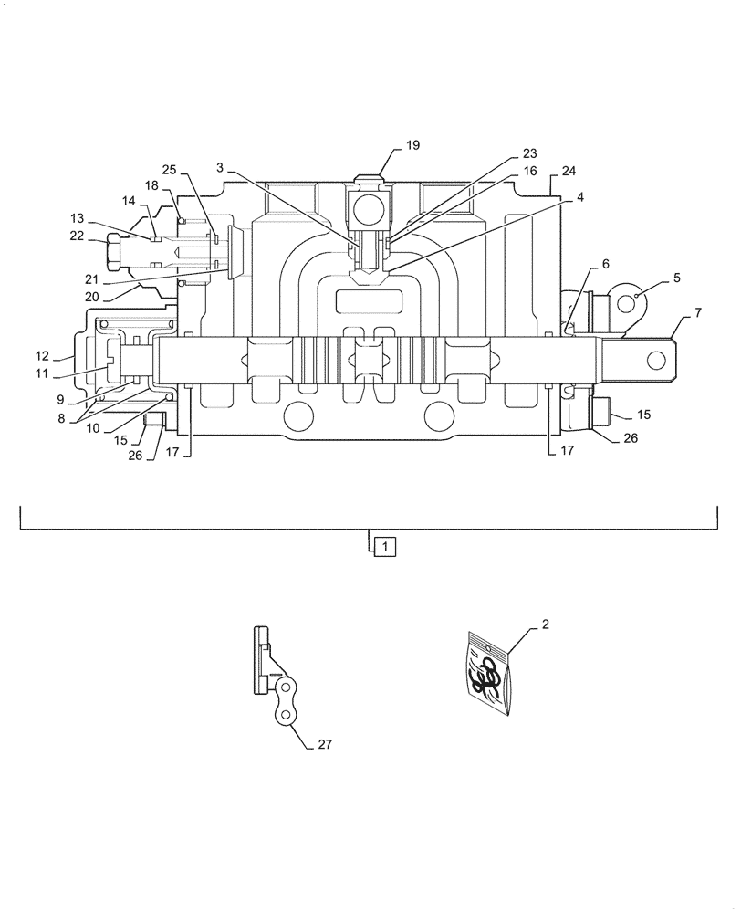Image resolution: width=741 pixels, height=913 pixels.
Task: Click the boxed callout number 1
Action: [x=385, y=547]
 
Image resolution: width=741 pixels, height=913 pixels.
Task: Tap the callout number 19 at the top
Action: [x=412, y=145]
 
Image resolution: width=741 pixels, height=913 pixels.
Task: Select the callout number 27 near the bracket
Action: [x=324, y=744]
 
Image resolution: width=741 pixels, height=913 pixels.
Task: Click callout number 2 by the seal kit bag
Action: [x=545, y=624]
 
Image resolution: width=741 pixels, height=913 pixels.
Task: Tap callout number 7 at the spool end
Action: [x=697, y=313]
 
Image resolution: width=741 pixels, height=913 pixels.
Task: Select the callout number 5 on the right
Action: [x=675, y=277]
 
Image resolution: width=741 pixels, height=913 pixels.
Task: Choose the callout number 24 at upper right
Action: [x=569, y=171]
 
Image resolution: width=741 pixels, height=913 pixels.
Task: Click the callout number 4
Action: [x=579, y=196]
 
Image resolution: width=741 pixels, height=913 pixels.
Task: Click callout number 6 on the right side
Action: [x=604, y=263]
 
